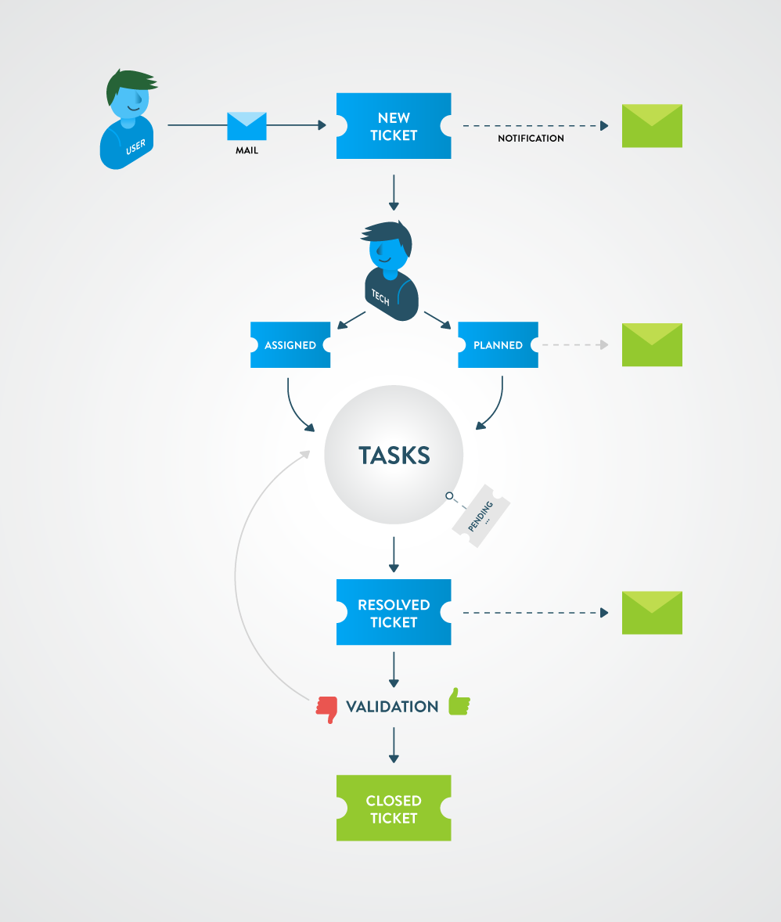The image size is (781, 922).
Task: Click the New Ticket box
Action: point(394,126)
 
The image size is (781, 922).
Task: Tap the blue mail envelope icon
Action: point(247,126)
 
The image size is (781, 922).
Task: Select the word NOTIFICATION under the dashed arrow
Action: point(531,139)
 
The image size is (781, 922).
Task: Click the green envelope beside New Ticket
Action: point(652,126)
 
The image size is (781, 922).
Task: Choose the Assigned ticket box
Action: point(290,345)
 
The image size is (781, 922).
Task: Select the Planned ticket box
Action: point(498,345)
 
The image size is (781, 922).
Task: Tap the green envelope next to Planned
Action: point(652,345)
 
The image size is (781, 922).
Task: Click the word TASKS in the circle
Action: point(394,456)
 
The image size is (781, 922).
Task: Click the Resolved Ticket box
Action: point(394,613)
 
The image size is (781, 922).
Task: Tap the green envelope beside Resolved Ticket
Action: point(652,613)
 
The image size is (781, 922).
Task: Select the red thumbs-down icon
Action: point(326,709)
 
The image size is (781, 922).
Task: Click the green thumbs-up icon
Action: point(459,702)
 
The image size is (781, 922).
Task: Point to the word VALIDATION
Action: point(392,707)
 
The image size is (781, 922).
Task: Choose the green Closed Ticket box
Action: point(394,809)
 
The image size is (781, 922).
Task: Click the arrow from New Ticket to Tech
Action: point(394,193)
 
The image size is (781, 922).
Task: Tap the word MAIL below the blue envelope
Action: point(247,151)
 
